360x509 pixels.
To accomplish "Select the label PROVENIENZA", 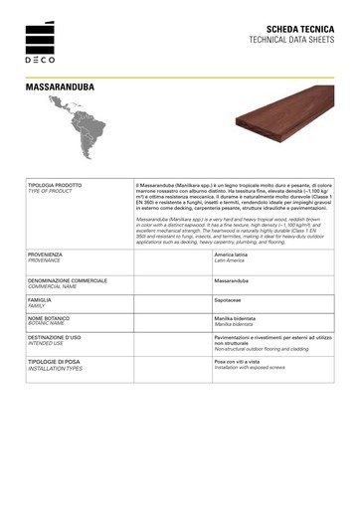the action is click(x=47, y=254).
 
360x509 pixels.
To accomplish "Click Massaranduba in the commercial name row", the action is click(x=235, y=281).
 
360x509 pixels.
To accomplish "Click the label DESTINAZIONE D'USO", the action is click(x=61, y=338).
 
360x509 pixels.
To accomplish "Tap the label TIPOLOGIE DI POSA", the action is click(x=58, y=362).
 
